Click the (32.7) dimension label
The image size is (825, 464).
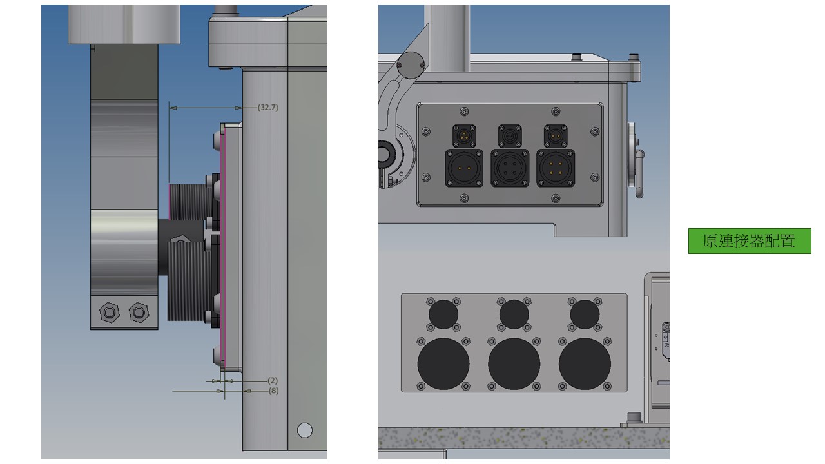pos(267,108)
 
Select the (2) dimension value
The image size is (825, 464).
pos(273,380)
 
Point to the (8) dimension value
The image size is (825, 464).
pos(273,391)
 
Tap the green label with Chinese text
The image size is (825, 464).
pos(750,241)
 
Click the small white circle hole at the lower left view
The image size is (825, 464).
pos(305,430)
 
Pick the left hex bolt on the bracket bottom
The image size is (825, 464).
pos(110,313)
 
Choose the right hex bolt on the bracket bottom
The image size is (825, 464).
pos(139,313)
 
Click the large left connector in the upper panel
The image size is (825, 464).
pos(464,168)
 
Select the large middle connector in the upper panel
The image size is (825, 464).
pos(510,168)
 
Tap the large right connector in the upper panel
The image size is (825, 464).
pos(556,168)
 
